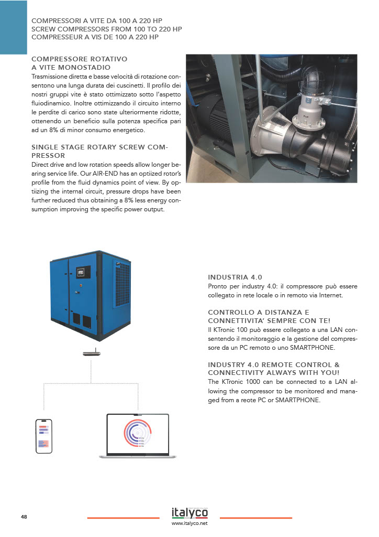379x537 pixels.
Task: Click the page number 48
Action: [x=24, y=517]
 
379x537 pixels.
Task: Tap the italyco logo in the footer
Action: [x=189, y=512]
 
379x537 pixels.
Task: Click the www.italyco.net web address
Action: [x=189, y=523]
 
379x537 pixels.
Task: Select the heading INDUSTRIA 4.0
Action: [x=235, y=277]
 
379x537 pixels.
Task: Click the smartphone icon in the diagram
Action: [x=43, y=436]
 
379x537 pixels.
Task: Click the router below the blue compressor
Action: [x=91, y=353]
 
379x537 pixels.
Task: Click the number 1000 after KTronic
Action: [x=250, y=381]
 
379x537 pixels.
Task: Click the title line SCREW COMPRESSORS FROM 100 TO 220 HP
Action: [x=107, y=29]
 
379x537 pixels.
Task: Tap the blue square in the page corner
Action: [x=13, y=27]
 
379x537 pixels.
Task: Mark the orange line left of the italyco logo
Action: [x=123, y=518]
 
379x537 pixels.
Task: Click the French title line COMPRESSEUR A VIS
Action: [x=95, y=37]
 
